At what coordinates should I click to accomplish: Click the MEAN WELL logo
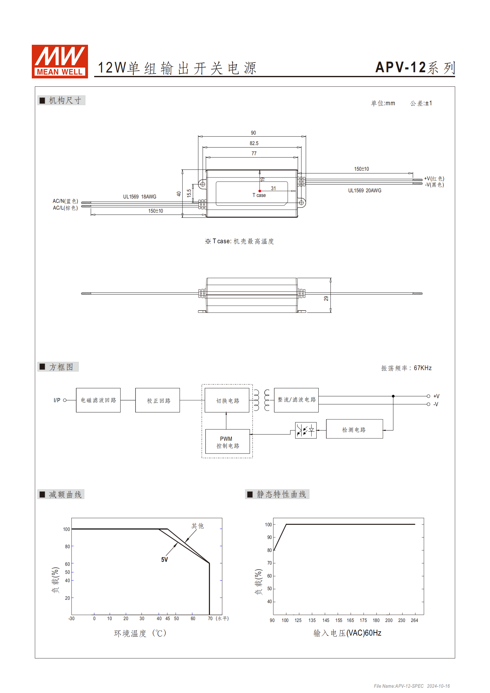[x=60, y=61]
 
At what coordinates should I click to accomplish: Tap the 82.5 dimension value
[x=254, y=143]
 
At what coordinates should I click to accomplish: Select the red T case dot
[x=260, y=191]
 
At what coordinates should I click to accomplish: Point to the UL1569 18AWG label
[x=140, y=197]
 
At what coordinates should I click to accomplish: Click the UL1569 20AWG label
[x=364, y=190]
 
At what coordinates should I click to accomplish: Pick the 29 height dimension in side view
[x=326, y=298]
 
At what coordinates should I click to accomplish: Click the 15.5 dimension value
[x=189, y=193]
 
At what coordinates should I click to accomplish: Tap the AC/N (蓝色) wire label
[x=65, y=201]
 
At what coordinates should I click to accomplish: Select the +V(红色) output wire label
[x=434, y=178]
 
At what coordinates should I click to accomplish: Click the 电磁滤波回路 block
[x=98, y=400]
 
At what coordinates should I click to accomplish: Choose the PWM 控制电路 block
[x=228, y=442]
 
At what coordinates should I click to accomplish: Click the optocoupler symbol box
[x=306, y=430]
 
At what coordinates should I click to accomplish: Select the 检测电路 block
[x=354, y=429]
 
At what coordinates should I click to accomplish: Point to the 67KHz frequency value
[x=422, y=368]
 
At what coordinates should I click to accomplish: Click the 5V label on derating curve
[x=164, y=560]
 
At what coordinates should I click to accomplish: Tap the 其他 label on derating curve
[x=197, y=526]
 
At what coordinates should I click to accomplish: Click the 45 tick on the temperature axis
[x=168, y=619]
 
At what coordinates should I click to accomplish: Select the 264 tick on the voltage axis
[x=414, y=620]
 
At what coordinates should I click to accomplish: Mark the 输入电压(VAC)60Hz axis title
[x=347, y=633]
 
